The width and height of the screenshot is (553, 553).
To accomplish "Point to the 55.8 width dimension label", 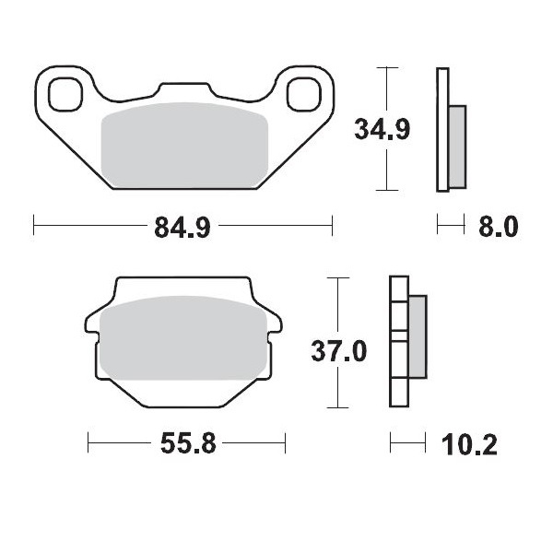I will pos(188,444).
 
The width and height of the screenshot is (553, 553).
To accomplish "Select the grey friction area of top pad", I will pos(183,146).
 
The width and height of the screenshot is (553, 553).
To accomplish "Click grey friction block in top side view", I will pos(457,142).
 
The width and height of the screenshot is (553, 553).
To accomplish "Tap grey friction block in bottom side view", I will pos(417,335).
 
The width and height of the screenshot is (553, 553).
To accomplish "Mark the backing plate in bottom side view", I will pos(398,341).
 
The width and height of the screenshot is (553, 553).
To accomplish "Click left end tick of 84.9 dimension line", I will pos(34,224).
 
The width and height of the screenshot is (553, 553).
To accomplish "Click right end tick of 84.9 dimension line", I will pos(331,224).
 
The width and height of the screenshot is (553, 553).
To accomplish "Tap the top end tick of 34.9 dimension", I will pos(386,68).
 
